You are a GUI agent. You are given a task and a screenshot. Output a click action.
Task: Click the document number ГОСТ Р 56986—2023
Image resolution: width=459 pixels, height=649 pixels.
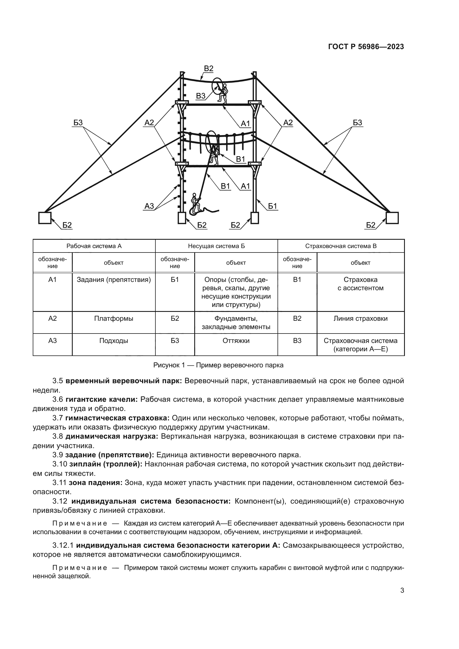click(366, 47)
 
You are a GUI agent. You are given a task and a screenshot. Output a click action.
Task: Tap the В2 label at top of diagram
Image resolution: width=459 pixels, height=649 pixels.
click(209, 69)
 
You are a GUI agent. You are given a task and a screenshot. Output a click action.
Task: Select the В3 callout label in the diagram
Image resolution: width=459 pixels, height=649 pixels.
click(201, 96)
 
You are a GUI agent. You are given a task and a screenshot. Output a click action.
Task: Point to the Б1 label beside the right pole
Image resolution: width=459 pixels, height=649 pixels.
click(273, 206)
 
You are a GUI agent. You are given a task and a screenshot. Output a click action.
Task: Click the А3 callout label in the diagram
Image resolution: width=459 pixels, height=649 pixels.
click(149, 206)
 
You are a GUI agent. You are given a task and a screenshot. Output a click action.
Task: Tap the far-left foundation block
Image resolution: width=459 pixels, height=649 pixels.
click(45, 218)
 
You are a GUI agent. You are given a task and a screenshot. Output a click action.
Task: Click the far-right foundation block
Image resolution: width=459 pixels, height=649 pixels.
click(392, 218)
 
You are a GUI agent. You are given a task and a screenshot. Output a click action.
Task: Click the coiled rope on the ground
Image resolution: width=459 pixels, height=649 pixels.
click(203, 211)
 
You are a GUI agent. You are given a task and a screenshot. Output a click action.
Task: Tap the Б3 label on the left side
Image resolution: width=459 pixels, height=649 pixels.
click(78, 122)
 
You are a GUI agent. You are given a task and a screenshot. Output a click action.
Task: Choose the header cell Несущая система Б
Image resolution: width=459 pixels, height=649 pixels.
click(216, 246)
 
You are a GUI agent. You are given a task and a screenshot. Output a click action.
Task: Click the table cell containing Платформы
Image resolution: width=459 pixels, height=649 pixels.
click(114, 319)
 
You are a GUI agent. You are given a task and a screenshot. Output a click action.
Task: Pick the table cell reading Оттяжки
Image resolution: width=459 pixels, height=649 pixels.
click(236, 341)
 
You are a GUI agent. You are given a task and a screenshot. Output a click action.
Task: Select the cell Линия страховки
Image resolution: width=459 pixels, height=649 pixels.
click(360, 319)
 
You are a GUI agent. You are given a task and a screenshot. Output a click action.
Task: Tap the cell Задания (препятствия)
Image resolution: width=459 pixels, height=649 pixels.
click(114, 280)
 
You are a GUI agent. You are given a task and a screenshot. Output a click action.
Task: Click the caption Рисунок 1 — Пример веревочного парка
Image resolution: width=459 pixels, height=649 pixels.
click(218, 365)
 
